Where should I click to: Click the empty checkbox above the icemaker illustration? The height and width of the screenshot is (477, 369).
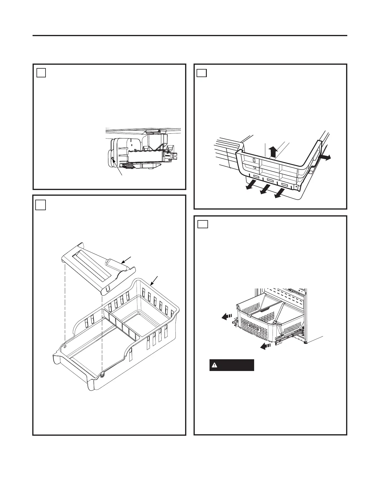[41, 73]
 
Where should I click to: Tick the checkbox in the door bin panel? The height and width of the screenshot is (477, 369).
[202, 73]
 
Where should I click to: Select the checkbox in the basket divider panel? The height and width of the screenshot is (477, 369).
[41, 205]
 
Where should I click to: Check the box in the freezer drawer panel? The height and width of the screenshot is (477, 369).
[203, 224]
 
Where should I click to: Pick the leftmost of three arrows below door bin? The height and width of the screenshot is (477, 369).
[250, 186]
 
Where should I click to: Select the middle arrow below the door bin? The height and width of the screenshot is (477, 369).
[265, 189]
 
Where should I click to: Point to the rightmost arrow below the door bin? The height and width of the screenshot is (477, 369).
[279, 194]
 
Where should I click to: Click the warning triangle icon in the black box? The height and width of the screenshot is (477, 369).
[214, 365]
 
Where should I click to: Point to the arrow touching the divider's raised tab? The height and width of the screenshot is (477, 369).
[127, 260]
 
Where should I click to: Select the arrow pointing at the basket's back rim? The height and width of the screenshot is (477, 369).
[154, 282]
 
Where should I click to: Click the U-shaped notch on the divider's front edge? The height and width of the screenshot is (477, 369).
[109, 289]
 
